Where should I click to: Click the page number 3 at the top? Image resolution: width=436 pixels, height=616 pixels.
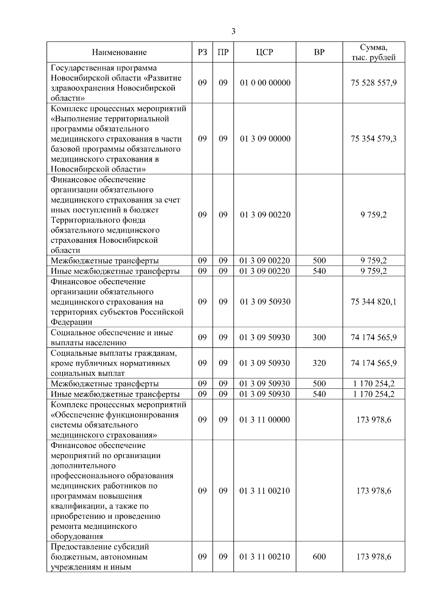(233, 32)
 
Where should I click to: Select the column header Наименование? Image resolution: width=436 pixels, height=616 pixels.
(119, 52)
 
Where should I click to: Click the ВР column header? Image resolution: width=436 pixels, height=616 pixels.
(319, 52)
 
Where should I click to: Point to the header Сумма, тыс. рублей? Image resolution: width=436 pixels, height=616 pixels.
(374, 52)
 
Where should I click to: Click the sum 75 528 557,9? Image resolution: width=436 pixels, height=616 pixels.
(374, 83)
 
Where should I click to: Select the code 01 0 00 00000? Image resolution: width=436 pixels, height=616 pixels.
(265, 83)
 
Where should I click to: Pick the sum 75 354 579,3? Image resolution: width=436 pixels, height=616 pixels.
(374, 139)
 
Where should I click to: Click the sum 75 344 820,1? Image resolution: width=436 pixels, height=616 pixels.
(374, 302)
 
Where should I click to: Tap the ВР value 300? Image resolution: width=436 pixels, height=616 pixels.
(319, 338)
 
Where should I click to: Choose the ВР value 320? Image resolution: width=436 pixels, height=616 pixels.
(319, 363)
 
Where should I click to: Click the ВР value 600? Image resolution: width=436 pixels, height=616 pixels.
(319, 557)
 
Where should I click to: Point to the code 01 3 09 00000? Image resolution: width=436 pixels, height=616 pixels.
(265, 139)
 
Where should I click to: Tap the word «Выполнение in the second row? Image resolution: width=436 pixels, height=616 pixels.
(75, 119)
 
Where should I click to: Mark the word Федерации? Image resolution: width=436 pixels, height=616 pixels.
(72, 322)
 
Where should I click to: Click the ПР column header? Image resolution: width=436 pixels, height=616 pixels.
(223, 52)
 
